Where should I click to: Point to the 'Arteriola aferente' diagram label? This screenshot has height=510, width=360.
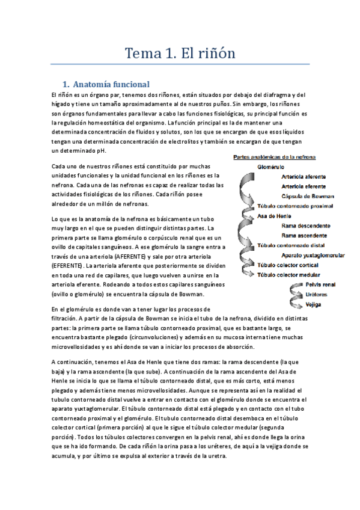tap(304, 177)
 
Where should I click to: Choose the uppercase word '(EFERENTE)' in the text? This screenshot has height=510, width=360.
tap(69, 265)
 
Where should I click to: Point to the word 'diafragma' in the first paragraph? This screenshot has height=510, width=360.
tap(272, 95)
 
